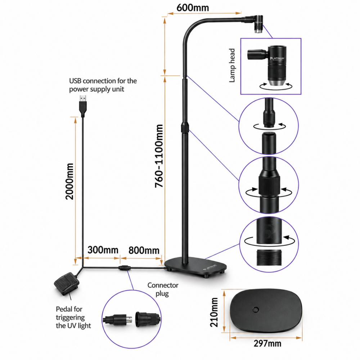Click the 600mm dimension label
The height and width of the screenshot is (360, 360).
193,8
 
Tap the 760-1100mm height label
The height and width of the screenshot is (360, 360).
159,156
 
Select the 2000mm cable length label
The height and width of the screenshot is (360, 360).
69,181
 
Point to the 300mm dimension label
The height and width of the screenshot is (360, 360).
103,250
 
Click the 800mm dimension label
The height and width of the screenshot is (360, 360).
144,250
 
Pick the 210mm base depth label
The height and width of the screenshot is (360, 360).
214,312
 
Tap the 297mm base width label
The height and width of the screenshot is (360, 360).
267,343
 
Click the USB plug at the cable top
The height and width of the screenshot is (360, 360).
83,106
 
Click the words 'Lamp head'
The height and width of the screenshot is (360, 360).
232,66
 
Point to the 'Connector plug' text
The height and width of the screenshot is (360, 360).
163,289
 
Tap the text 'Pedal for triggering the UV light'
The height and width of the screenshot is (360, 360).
73,317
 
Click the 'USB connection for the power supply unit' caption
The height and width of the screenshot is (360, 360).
103,85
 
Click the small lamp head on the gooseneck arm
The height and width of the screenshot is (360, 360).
258,24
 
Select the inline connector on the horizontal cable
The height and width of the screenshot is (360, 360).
125,267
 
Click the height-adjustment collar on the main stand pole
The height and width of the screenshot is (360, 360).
185,128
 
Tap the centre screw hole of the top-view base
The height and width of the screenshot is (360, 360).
256,310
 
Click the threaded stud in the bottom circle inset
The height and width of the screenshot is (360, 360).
269,258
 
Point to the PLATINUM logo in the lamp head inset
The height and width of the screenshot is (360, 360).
277,59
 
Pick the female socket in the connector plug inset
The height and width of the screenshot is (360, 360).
147,319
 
